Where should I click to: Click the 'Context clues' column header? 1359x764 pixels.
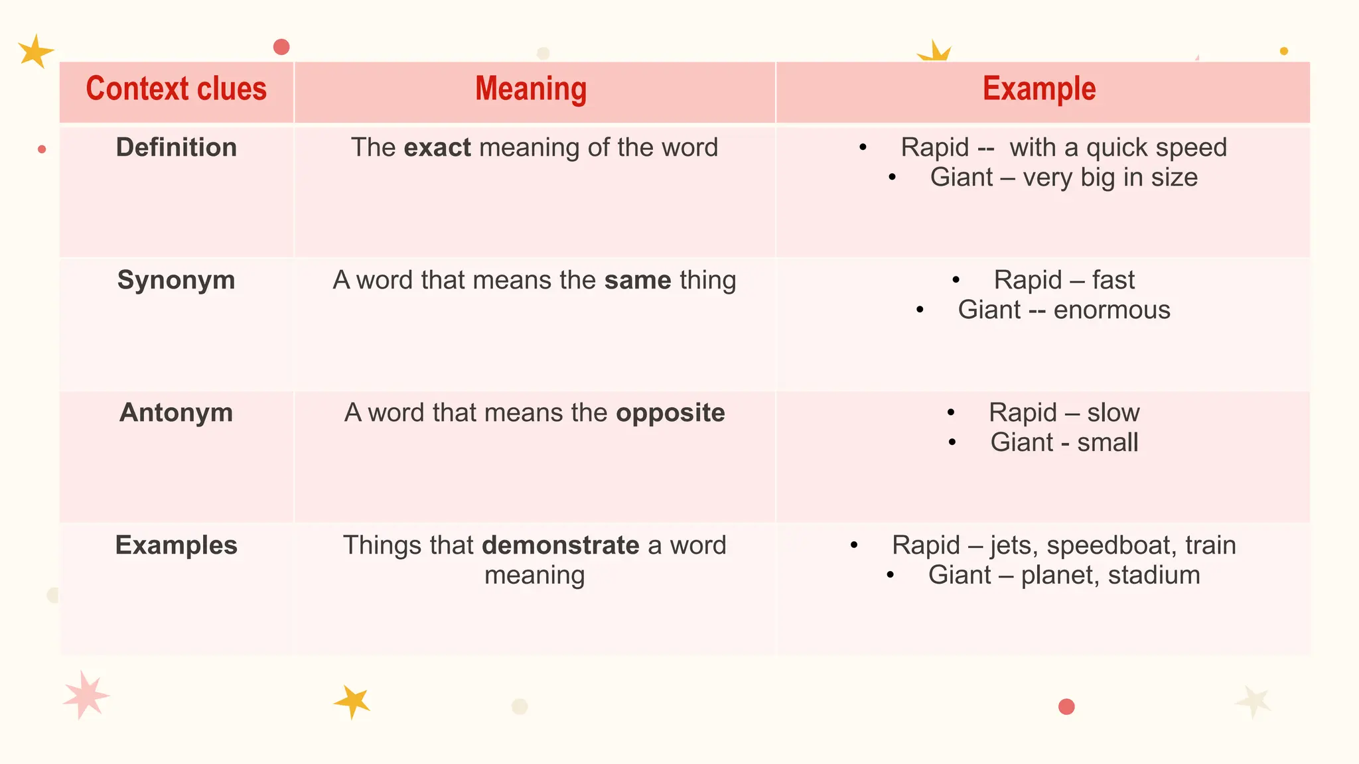click(x=176, y=90)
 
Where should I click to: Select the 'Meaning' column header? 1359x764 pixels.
click(x=531, y=90)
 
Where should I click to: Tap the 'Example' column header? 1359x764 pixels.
click(x=1039, y=90)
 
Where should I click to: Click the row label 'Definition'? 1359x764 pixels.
click(x=176, y=147)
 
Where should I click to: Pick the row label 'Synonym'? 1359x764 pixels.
click(x=176, y=280)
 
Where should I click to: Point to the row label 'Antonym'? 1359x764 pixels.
click(x=176, y=413)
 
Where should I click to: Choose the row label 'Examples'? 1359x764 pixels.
click(x=176, y=545)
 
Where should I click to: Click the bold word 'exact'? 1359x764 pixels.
click(x=437, y=147)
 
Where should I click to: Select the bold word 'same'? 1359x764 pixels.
click(x=638, y=280)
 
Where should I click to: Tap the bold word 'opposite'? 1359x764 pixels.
click(x=670, y=413)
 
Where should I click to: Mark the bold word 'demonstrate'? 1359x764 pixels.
click(x=561, y=545)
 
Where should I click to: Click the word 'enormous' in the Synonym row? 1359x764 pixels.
click(x=1111, y=310)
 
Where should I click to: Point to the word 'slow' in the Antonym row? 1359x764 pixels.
click(x=1113, y=413)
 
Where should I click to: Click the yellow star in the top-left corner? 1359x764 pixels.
click(x=35, y=51)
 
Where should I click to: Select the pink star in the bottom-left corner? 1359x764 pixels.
click(x=85, y=695)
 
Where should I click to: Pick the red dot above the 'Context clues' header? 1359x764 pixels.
click(x=281, y=47)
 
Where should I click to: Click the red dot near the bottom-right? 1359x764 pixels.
click(x=1066, y=707)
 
